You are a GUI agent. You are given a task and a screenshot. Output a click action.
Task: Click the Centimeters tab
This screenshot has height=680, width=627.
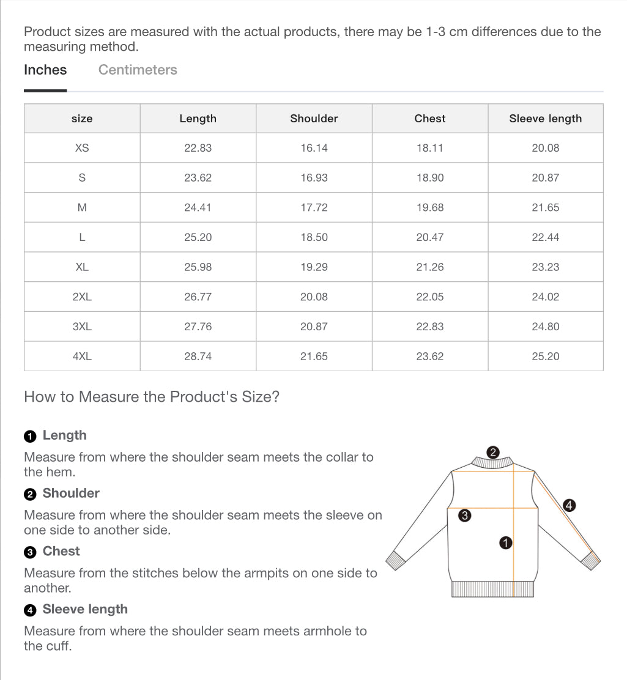[x=138, y=70]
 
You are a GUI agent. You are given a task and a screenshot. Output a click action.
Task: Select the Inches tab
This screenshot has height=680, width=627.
[x=45, y=70]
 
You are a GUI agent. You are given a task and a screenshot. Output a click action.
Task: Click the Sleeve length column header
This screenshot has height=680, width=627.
[x=545, y=119]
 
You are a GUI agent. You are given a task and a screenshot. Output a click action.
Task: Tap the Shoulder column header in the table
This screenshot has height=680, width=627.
[x=314, y=119]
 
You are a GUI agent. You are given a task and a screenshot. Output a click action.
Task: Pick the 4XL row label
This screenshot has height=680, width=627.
[x=82, y=357]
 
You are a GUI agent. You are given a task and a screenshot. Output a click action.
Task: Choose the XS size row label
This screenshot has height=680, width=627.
[x=82, y=148]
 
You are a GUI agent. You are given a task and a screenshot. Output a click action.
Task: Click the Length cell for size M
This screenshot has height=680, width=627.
[x=198, y=208]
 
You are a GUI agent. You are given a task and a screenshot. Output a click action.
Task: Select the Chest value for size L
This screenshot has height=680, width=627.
[x=429, y=237]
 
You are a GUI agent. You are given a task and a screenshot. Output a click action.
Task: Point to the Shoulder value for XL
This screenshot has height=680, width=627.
[x=314, y=267]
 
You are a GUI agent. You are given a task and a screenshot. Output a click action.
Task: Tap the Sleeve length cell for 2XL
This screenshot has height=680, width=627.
[x=545, y=297]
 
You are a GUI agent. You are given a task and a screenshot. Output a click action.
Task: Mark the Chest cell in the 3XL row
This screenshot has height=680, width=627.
[x=429, y=327]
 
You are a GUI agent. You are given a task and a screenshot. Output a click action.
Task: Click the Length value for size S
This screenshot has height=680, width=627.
[x=198, y=178]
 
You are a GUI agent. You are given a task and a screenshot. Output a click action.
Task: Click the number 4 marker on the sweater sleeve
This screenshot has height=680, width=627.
[x=569, y=505]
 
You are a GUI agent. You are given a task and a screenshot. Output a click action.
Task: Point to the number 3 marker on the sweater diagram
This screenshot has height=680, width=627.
[x=464, y=516]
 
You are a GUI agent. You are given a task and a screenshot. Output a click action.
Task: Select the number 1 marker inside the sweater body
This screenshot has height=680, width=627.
[x=505, y=542]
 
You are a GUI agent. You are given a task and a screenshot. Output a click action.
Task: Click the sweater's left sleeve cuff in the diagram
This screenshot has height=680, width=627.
[x=396, y=558]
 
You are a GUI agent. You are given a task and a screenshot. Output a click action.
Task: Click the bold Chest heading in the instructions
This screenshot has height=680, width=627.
[x=61, y=551]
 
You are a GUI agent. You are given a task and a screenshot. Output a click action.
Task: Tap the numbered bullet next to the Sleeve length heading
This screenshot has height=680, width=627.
[x=30, y=610]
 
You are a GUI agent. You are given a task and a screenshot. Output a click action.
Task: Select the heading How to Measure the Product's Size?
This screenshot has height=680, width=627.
[x=152, y=397]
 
